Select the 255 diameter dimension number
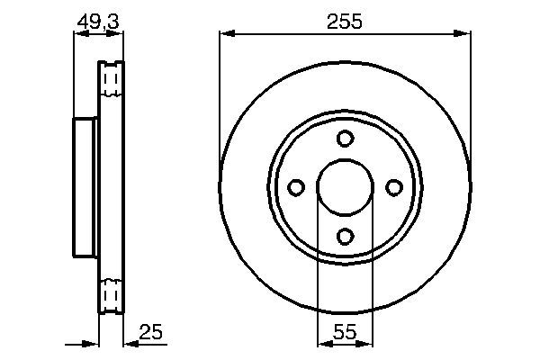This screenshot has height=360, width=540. [x=345, y=22]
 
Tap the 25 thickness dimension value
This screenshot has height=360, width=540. [x=152, y=333]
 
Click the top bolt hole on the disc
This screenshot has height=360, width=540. [x=345, y=139]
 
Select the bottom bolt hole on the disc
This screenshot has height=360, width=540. [x=345, y=236]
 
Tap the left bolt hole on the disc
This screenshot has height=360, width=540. [x=296, y=187]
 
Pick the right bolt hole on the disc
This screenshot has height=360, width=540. [x=393, y=187]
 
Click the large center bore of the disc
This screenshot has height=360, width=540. [x=345, y=187]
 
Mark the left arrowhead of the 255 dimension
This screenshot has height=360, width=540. [x=226, y=34]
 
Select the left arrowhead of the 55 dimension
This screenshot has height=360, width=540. [x=323, y=342]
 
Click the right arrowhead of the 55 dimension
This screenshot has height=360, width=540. [x=366, y=342]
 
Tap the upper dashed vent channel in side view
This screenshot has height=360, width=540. [x=112, y=82]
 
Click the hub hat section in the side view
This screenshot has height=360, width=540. [x=85, y=187]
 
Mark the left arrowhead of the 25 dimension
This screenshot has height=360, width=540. [x=92, y=342]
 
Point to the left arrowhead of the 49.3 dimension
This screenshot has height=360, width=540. [x=78, y=34]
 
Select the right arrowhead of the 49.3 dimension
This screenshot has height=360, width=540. [x=117, y=34]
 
